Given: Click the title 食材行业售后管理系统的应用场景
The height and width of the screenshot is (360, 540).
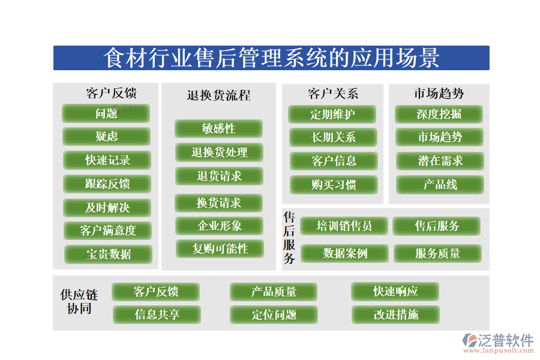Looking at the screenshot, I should click(x=271, y=58).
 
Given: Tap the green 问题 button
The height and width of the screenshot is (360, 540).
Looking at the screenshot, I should click(x=106, y=113).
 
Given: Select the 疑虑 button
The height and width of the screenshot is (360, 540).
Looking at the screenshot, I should click(x=107, y=137).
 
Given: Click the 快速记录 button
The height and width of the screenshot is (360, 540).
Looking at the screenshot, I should click(x=107, y=160).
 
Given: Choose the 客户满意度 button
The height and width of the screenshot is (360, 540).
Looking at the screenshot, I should click(x=108, y=230).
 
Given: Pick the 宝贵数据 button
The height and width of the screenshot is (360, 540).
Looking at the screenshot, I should click(x=109, y=254).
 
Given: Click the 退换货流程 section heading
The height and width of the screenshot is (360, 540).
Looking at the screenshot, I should click(x=218, y=95).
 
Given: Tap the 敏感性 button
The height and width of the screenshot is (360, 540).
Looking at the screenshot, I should click(x=218, y=128).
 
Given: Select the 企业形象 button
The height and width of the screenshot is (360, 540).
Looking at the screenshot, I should click(x=219, y=226).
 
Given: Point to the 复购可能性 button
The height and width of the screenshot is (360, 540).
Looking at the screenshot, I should click(x=220, y=248).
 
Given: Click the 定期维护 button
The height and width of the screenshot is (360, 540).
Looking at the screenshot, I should click(x=332, y=114).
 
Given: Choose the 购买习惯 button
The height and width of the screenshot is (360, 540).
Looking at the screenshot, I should click(x=334, y=185).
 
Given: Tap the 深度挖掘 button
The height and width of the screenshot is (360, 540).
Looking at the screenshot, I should click(x=439, y=114).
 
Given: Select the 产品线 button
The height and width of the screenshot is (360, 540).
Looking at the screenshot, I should click(x=440, y=185).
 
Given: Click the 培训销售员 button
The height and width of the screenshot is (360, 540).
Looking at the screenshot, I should click(x=344, y=226).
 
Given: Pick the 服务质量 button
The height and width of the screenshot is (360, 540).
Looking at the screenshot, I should click(x=437, y=254).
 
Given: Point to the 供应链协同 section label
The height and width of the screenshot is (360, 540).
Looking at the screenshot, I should click(x=79, y=302).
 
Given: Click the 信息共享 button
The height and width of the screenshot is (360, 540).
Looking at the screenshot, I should click(x=157, y=314).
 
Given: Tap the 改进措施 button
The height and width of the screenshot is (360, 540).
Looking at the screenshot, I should click(x=395, y=314).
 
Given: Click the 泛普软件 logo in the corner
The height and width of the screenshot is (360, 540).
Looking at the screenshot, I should click(x=497, y=343).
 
